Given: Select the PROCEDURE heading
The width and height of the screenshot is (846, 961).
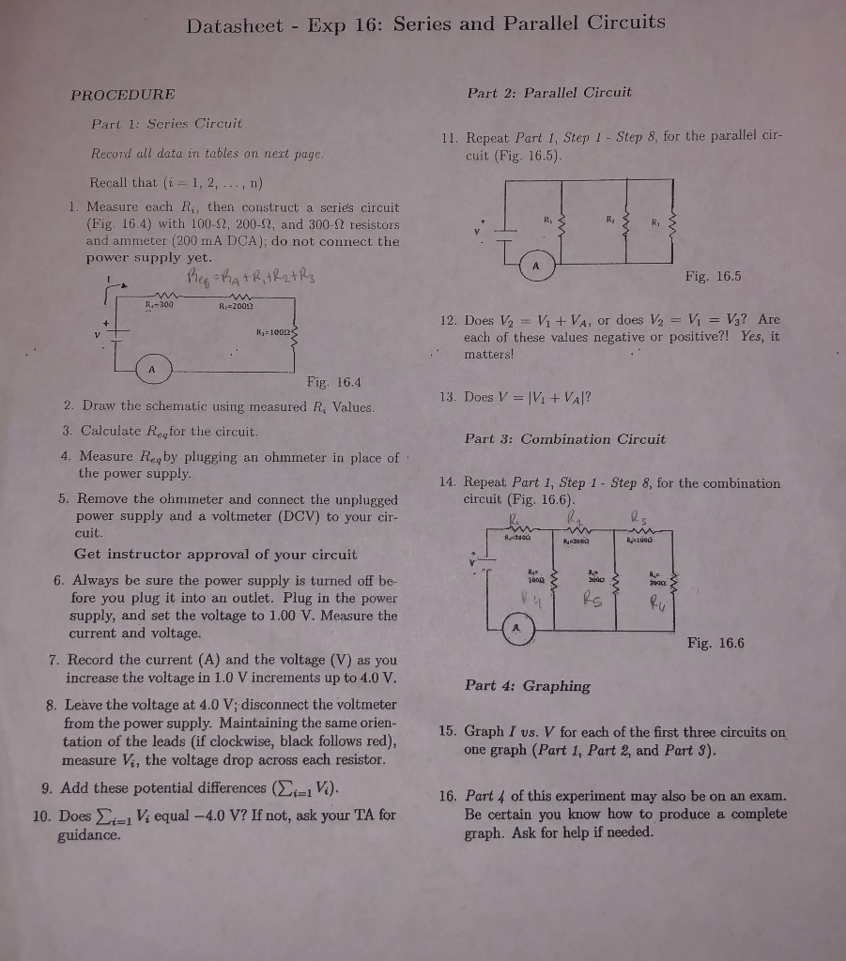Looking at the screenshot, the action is (123, 94).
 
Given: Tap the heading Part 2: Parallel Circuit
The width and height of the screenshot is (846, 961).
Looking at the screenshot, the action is (548, 92).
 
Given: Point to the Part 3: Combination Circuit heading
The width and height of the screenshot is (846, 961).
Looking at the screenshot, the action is (564, 438).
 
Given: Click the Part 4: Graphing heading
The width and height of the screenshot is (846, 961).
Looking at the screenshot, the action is (528, 685).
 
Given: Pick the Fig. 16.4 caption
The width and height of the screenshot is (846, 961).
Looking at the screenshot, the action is (333, 382).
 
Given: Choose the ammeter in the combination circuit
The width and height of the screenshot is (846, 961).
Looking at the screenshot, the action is (515, 628).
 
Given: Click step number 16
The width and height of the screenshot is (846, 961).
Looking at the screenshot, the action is (448, 797).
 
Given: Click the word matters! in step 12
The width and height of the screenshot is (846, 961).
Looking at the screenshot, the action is (489, 355).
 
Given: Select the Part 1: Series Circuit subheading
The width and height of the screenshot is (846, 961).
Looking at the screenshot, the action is (165, 123).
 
